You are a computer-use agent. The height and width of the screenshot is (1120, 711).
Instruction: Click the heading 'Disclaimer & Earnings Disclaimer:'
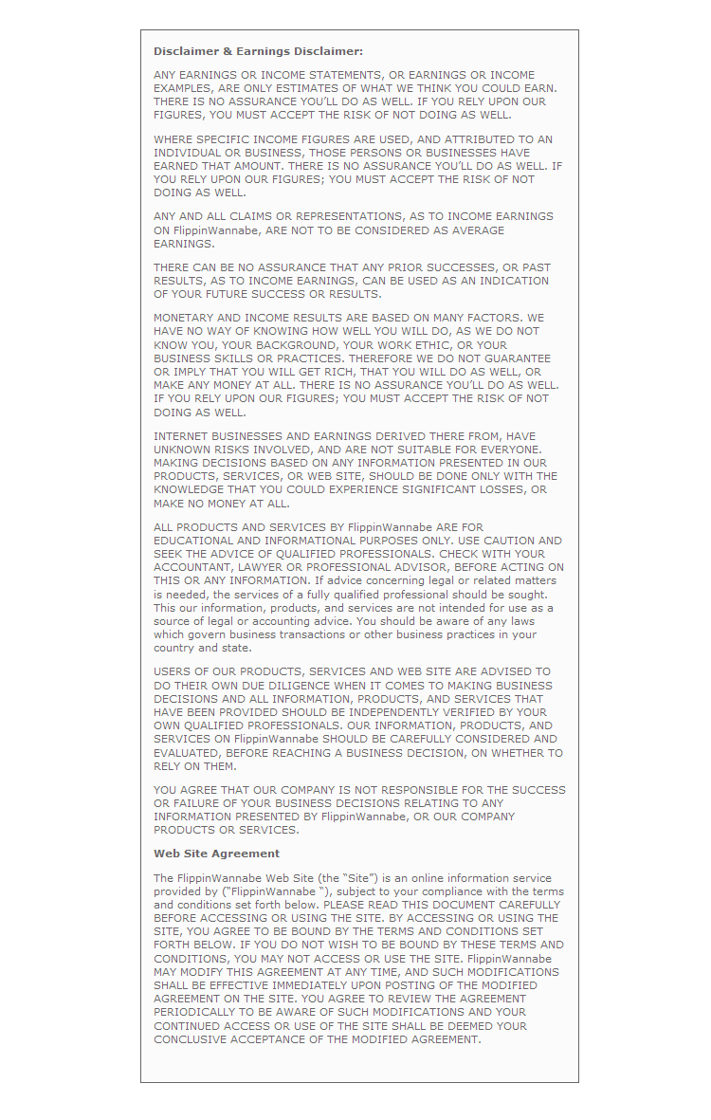point(258,51)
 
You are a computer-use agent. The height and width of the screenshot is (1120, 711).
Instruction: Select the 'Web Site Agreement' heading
point(216,854)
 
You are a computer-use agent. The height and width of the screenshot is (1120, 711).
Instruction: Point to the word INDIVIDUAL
point(188,153)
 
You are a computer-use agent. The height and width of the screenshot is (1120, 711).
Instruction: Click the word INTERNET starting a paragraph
point(183,436)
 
